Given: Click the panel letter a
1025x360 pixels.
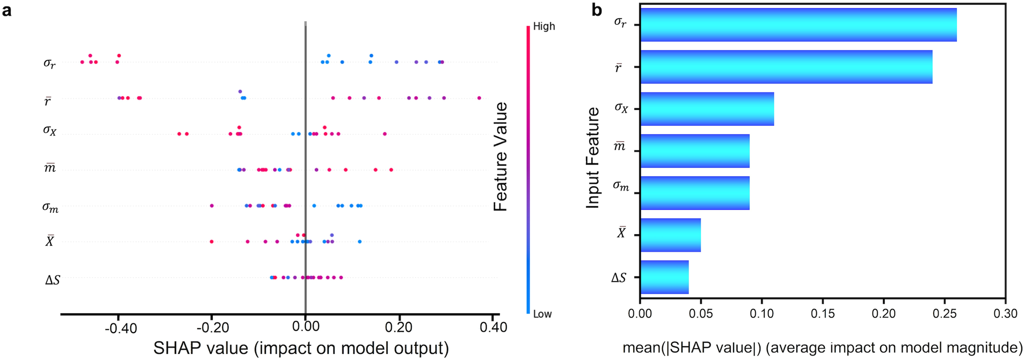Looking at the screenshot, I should pyautogui.click(x=6, y=10).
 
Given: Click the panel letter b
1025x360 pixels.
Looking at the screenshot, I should pyautogui.click(x=597, y=10).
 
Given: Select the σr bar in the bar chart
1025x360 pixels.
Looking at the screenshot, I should pyautogui.click(x=798, y=25).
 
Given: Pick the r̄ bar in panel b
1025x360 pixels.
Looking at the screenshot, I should pyautogui.click(x=785, y=67).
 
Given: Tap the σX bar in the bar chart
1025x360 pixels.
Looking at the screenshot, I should pyautogui.click(x=706, y=109).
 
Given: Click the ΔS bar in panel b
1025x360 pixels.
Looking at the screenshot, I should pyautogui.click(x=664, y=277).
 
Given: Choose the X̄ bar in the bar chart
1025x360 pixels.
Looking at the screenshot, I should pyautogui.click(x=670, y=235).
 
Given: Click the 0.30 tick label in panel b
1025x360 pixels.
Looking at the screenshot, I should pyautogui.click(x=1005, y=314).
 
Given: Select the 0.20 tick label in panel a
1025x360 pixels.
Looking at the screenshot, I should pyautogui.click(x=399, y=327).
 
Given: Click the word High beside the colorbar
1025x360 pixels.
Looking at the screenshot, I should pyautogui.click(x=544, y=26).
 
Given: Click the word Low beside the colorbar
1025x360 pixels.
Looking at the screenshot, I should pyautogui.click(x=542, y=314).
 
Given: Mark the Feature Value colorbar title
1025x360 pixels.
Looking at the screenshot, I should pyautogui.click(x=500, y=157).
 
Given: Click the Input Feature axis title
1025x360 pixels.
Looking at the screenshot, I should pyautogui.click(x=592, y=158).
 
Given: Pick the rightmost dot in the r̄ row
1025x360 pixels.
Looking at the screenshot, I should pyautogui.click(x=479, y=98).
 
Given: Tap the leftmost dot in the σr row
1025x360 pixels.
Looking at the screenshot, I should pyautogui.click(x=82, y=62).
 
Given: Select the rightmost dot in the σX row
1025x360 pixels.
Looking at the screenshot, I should pyautogui.click(x=385, y=134).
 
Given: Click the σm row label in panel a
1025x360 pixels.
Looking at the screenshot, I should pyautogui.click(x=50, y=207).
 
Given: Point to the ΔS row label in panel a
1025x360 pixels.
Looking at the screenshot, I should pyautogui.click(x=52, y=280).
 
